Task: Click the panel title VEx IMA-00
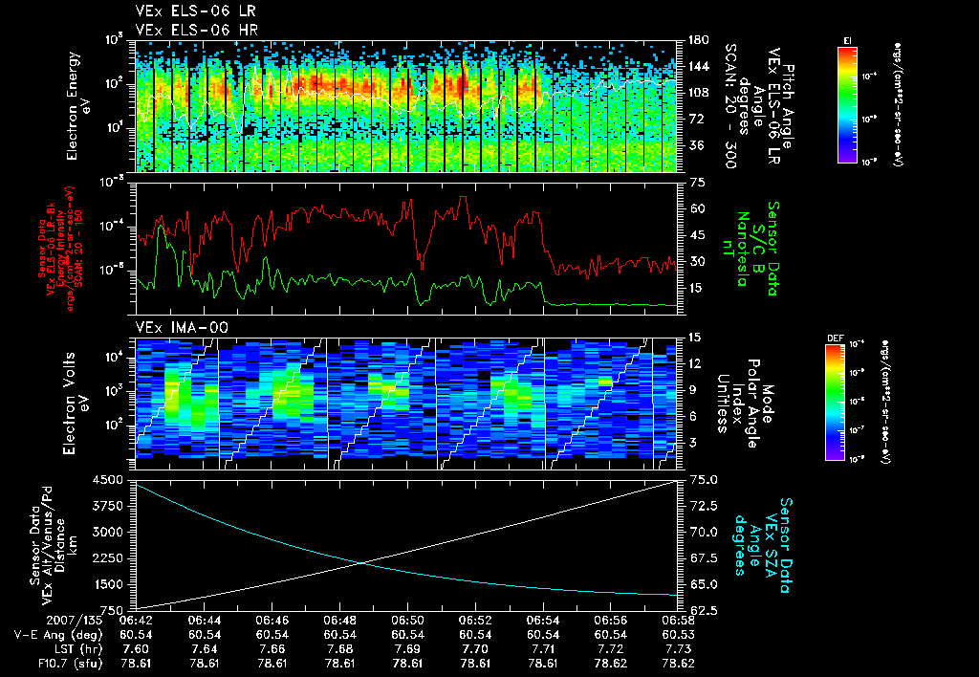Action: pos(183,328)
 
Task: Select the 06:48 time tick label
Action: pos(341,620)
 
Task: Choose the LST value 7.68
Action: pos(341,647)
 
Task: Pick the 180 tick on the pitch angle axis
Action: pos(696,40)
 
